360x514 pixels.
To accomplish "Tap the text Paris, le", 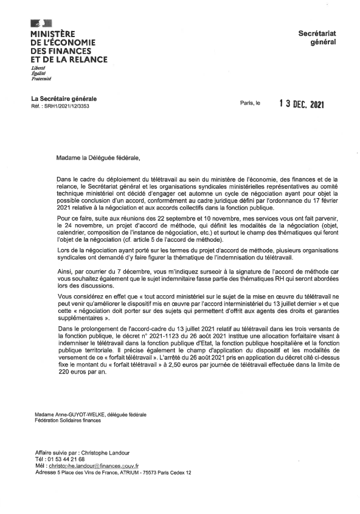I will point(250,104).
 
